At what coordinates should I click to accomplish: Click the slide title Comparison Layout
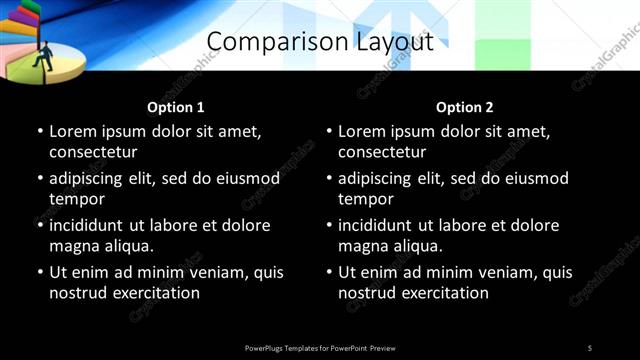[320, 42]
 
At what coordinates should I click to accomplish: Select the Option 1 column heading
[176, 107]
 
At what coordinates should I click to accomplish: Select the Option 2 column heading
[465, 107]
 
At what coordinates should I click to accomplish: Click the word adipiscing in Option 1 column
[93, 179]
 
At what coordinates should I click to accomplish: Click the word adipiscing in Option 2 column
[382, 179]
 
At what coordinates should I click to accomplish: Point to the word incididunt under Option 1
[90, 226]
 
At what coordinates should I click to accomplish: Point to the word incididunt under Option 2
[379, 226]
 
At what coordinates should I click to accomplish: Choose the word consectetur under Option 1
[93, 152]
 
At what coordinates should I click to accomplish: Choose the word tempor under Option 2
[367, 199]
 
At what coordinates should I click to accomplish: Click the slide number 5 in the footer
[590, 348]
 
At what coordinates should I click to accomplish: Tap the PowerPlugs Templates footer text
[320, 348]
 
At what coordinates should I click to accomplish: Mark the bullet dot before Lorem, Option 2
[328, 132]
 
